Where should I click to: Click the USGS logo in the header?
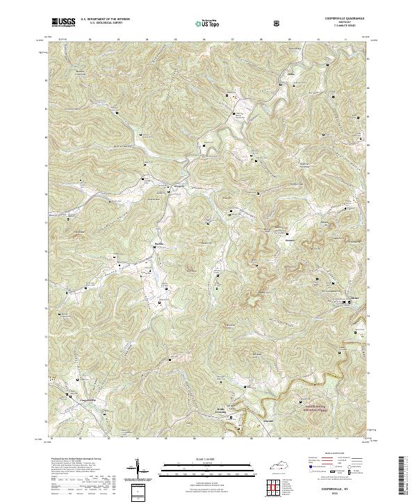point(63,22)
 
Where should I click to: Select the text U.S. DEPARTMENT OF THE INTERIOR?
point(110,19)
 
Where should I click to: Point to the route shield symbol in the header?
point(278,23)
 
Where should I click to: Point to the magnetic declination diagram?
point(138,471)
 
